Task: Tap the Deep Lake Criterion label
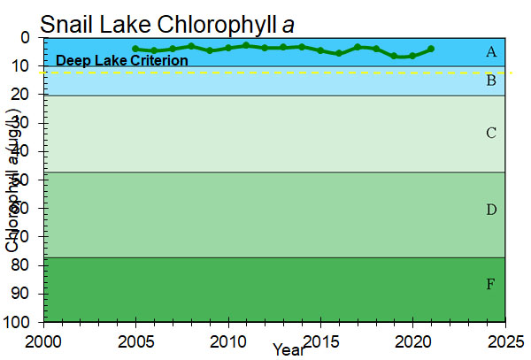(x=122, y=61)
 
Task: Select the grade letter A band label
(x=491, y=52)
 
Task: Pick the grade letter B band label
(x=491, y=81)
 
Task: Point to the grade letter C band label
(x=491, y=134)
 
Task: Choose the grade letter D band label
(x=491, y=210)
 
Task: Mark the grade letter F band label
(x=491, y=285)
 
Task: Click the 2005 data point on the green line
(x=135, y=49)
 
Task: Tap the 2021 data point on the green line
(x=431, y=49)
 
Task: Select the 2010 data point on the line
(x=228, y=48)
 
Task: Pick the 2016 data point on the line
(x=339, y=53)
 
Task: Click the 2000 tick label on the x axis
(x=43, y=340)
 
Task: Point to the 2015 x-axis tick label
(x=320, y=340)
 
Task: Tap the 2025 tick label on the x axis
(x=505, y=340)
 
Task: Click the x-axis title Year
(x=289, y=350)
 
